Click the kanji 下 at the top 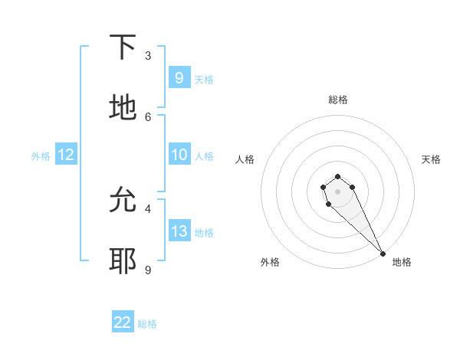[x=123, y=47]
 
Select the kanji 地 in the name [x=123, y=108]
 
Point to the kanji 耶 [x=123, y=261]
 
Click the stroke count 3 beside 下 [x=148, y=56]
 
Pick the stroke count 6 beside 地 [x=148, y=116]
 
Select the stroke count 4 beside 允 [x=148, y=208]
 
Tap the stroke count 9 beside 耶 [x=148, y=270]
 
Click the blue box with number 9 [x=179, y=77]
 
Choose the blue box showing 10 [x=179, y=155]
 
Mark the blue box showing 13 [x=179, y=231]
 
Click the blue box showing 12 [x=66, y=155]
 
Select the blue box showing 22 [x=123, y=322]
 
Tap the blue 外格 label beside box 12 [x=41, y=155]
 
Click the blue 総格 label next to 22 [x=147, y=324]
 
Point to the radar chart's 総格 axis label [x=337, y=100]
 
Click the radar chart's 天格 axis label [x=431, y=159]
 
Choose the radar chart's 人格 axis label [x=245, y=159]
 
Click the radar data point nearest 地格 [x=383, y=254]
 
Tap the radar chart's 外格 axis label [x=270, y=262]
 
